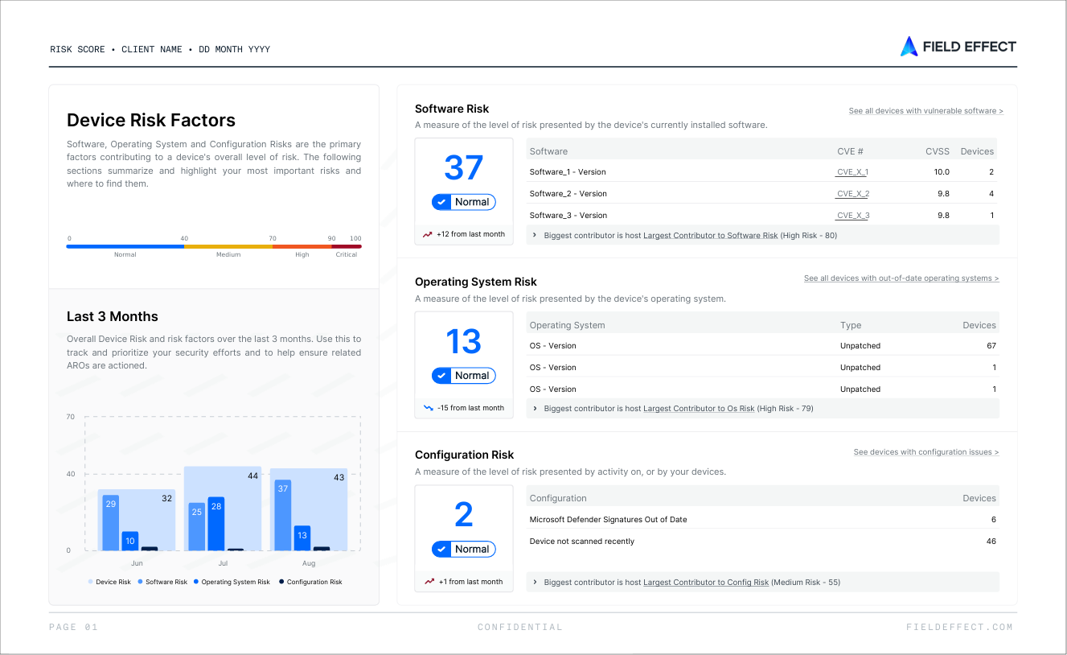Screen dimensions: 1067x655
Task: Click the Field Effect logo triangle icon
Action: (x=909, y=47)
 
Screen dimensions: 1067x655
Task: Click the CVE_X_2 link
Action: (x=852, y=194)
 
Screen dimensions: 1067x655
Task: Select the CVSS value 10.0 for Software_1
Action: (x=942, y=171)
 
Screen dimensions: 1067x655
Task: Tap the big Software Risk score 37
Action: (x=463, y=167)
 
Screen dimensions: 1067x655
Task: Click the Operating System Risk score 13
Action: (x=463, y=341)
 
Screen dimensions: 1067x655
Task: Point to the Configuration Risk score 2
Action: (x=463, y=514)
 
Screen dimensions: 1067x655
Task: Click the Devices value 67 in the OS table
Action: (x=991, y=346)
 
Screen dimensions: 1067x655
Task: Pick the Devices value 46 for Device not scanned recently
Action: (x=991, y=541)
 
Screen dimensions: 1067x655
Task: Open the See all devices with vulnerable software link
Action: (x=925, y=110)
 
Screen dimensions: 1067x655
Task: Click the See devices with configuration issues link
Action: (x=926, y=452)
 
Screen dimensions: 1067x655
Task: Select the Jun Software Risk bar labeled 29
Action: (x=110, y=523)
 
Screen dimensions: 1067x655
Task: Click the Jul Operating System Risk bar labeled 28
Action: (x=216, y=524)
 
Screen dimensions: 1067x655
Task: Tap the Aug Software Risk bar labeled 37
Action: (x=283, y=515)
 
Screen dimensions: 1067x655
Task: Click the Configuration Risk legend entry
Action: (x=310, y=582)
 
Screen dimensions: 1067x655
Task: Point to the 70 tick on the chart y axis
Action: (x=71, y=417)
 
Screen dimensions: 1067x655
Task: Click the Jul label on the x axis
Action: (x=223, y=563)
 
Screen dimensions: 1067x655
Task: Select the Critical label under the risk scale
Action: (x=347, y=254)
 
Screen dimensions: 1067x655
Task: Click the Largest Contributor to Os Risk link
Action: (x=699, y=409)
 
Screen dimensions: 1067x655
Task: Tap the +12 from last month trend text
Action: (x=470, y=234)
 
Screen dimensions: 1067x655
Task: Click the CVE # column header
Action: (x=850, y=151)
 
